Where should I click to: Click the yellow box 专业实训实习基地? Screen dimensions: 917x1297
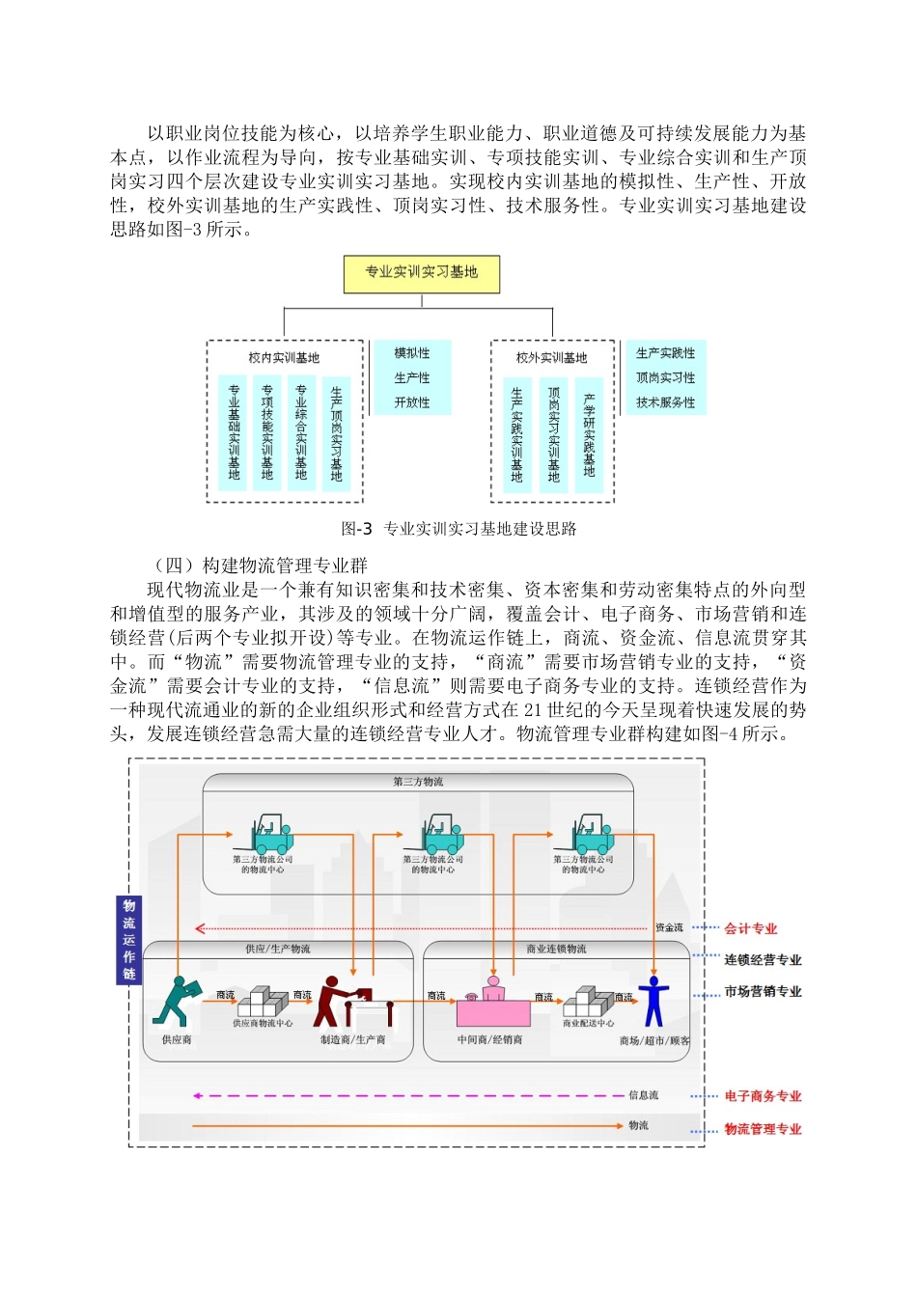422,273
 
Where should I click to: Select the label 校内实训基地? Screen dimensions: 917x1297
284,358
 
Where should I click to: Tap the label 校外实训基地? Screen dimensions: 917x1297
551,358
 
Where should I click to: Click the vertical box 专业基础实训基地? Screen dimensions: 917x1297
234,432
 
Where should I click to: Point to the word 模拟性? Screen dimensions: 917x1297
412,353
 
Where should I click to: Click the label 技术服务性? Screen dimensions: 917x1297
665,402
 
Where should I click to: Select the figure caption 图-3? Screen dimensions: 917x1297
356,529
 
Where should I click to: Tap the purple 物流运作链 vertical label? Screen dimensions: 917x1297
128,939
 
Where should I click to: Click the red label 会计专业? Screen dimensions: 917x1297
750,928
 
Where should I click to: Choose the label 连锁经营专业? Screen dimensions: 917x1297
763,960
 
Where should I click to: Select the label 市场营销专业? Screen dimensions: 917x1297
763,992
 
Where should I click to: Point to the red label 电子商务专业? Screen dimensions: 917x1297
763,1096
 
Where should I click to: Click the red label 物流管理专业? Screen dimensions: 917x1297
763,1129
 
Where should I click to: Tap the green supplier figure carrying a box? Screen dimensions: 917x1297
176,1001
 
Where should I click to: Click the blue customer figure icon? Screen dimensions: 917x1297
653,1001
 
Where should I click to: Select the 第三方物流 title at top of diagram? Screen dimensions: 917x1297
418,782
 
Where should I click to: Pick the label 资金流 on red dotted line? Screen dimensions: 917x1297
669,928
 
